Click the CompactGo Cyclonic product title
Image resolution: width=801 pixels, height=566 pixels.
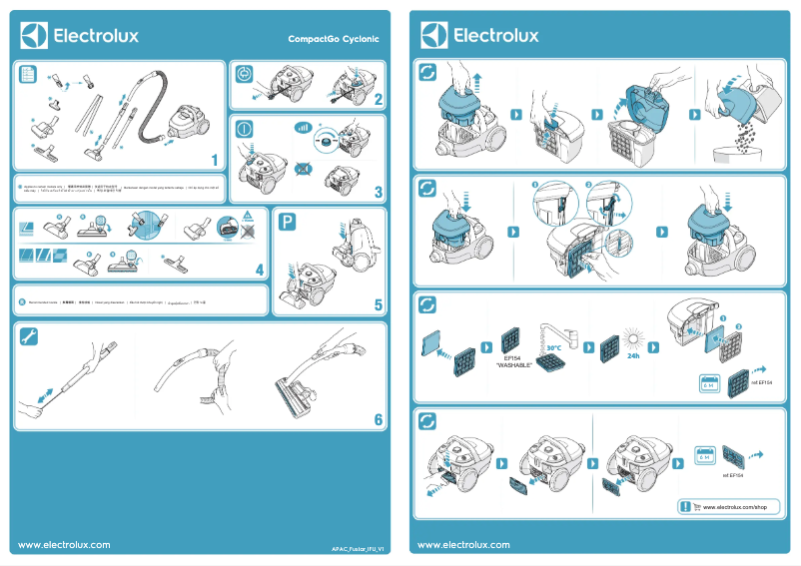pyautogui.click(x=334, y=39)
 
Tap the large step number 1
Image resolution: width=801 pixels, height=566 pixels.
pyautogui.click(x=215, y=160)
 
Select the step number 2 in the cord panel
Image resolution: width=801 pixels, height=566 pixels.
pyautogui.click(x=379, y=99)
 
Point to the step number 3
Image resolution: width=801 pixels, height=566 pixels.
pyautogui.click(x=379, y=192)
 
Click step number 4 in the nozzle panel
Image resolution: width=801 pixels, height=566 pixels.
pyautogui.click(x=259, y=270)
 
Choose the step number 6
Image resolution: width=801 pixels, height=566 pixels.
pyautogui.click(x=379, y=419)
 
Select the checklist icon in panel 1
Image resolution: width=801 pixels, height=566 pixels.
pyautogui.click(x=28, y=75)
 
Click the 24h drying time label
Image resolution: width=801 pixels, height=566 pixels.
pyautogui.click(x=632, y=355)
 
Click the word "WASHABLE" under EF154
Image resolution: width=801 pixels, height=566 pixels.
pyautogui.click(x=513, y=365)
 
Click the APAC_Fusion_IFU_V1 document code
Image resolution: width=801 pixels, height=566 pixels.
pyautogui.click(x=358, y=549)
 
